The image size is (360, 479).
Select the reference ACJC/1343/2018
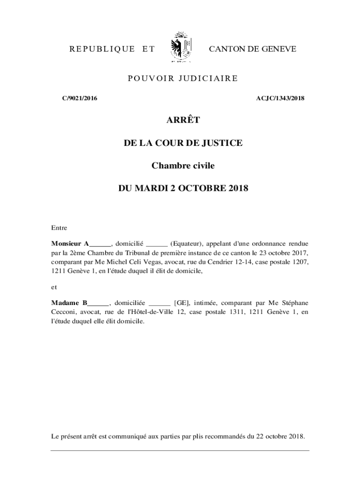[x=281, y=98]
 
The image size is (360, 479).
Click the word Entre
[x=59, y=228]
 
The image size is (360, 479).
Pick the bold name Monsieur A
[x=70, y=243]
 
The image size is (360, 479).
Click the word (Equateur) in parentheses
[x=186, y=243]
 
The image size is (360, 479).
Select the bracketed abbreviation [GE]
[x=181, y=303]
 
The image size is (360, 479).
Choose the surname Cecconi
[x=64, y=312]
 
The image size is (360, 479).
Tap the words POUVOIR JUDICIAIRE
[x=183, y=78]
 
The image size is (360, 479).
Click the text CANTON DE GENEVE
[x=252, y=49]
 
